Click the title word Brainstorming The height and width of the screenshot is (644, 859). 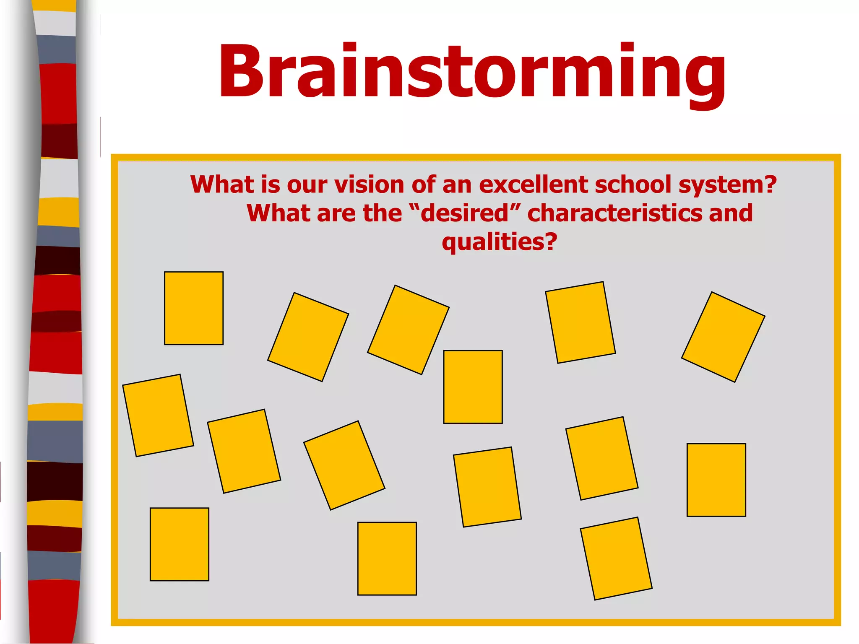tap(472, 71)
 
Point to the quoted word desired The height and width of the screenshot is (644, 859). tap(465, 213)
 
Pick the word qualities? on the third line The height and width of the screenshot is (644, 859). tap(499, 242)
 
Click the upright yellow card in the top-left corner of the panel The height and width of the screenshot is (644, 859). tap(194, 308)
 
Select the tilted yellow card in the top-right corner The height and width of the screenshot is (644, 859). tap(723, 337)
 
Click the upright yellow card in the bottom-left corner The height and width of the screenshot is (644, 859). tap(180, 544)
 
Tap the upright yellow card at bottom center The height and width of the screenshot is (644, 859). tap(387, 558)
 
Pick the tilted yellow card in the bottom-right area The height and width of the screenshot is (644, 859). tap(616, 558)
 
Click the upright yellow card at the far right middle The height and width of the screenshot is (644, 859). tap(716, 480)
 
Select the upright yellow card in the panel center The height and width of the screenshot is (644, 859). tap(473, 387)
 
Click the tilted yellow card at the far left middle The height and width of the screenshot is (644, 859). tap(158, 415)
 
